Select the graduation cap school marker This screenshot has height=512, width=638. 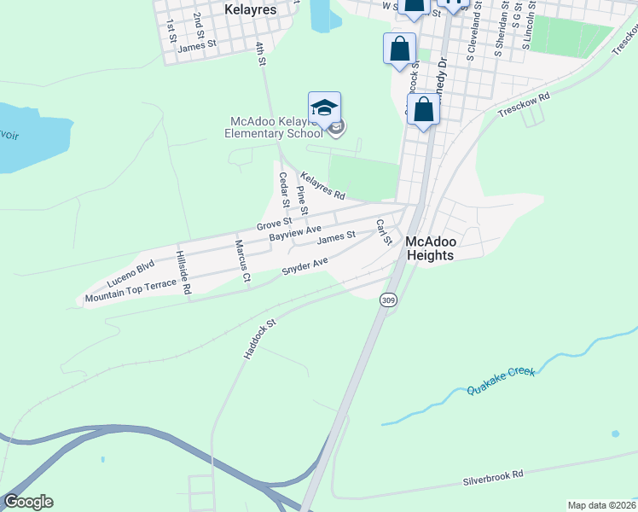(324, 108)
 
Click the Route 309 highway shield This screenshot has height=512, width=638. (389, 300)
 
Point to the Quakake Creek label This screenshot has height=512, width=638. (502, 381)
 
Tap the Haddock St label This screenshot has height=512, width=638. (261, 339)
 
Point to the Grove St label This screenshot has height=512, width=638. (274, 224)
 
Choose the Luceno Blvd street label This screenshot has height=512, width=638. (130, 272)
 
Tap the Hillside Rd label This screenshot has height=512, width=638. (182, 272)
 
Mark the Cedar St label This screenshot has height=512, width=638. (285, 192)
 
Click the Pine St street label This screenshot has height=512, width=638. (301, 201)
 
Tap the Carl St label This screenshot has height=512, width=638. (384, 231)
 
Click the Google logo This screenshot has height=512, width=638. (28, 502)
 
